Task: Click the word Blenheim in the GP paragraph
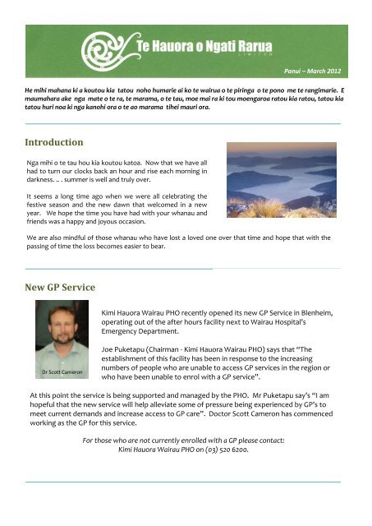[315, 314]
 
